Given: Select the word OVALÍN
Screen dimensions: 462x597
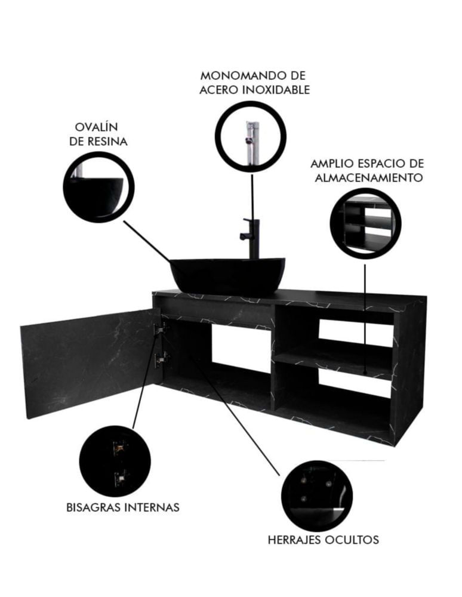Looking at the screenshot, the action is coord(96,127).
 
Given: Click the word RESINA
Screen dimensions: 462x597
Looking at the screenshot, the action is coord(107,141).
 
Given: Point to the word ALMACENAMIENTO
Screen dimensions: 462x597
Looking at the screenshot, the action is coord(369,178).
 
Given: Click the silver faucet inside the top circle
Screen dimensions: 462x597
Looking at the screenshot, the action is coord(251,143).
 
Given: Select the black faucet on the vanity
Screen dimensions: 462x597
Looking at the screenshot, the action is coord(251,238).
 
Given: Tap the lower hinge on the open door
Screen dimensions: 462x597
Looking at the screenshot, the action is coord(161,358).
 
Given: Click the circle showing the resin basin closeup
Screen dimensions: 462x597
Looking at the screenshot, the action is coord(98,187).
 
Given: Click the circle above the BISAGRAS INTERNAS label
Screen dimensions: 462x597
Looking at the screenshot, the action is coord(115,461).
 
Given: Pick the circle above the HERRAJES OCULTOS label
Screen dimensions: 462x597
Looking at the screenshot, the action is coord(317,496).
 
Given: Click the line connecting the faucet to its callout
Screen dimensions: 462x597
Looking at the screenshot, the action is coord(252,196).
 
